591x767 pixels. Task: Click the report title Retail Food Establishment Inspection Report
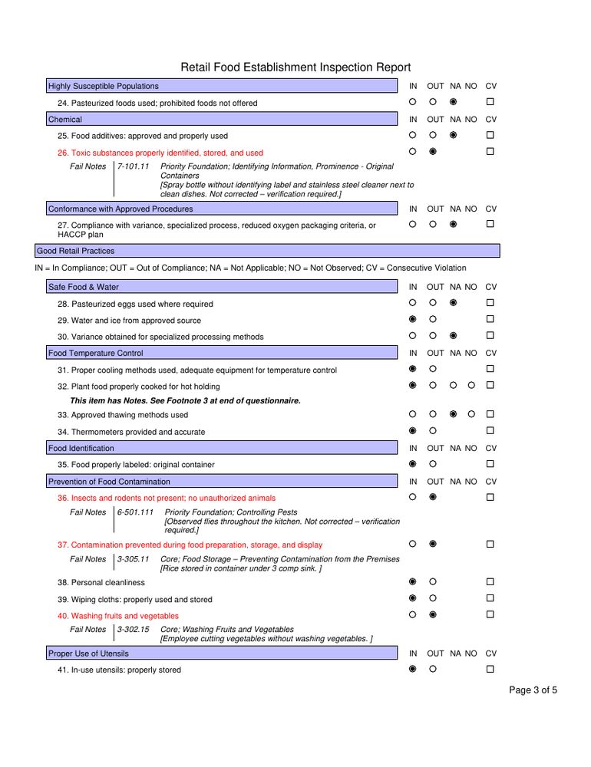point(295,67)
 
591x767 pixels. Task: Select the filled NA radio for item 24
point(454,102)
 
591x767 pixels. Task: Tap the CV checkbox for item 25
point(490,135)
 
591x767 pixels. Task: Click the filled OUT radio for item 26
point(433,152)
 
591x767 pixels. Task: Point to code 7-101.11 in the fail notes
point(134,166)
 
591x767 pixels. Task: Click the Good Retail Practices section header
point(75,251)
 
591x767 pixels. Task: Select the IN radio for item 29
point(412,319)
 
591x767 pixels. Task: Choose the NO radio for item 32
point(472,385)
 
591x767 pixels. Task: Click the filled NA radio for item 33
point(454,414)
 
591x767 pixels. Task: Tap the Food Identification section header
point(81,448)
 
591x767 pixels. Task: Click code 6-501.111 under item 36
point(136,512)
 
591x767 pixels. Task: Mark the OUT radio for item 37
point(433,544)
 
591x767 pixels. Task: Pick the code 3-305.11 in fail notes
point(134,560)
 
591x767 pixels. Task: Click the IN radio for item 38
point(412,581)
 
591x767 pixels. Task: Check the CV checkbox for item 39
point(490,598)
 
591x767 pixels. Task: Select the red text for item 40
point(118,616)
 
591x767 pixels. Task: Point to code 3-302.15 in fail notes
point(134,630)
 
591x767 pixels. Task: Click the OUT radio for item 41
point(433,669)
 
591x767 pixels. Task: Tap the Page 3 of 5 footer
point(533,690)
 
